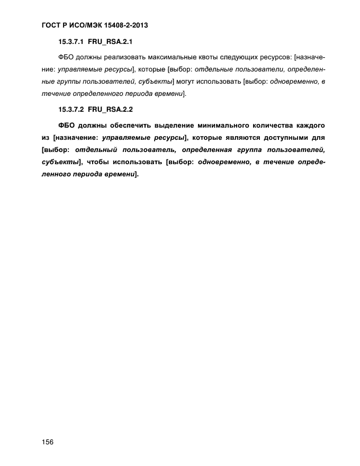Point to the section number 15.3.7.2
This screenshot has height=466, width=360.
tap(70, 110)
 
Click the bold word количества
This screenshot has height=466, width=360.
tap(278, 126)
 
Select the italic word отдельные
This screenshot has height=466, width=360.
tap(212, 69)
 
